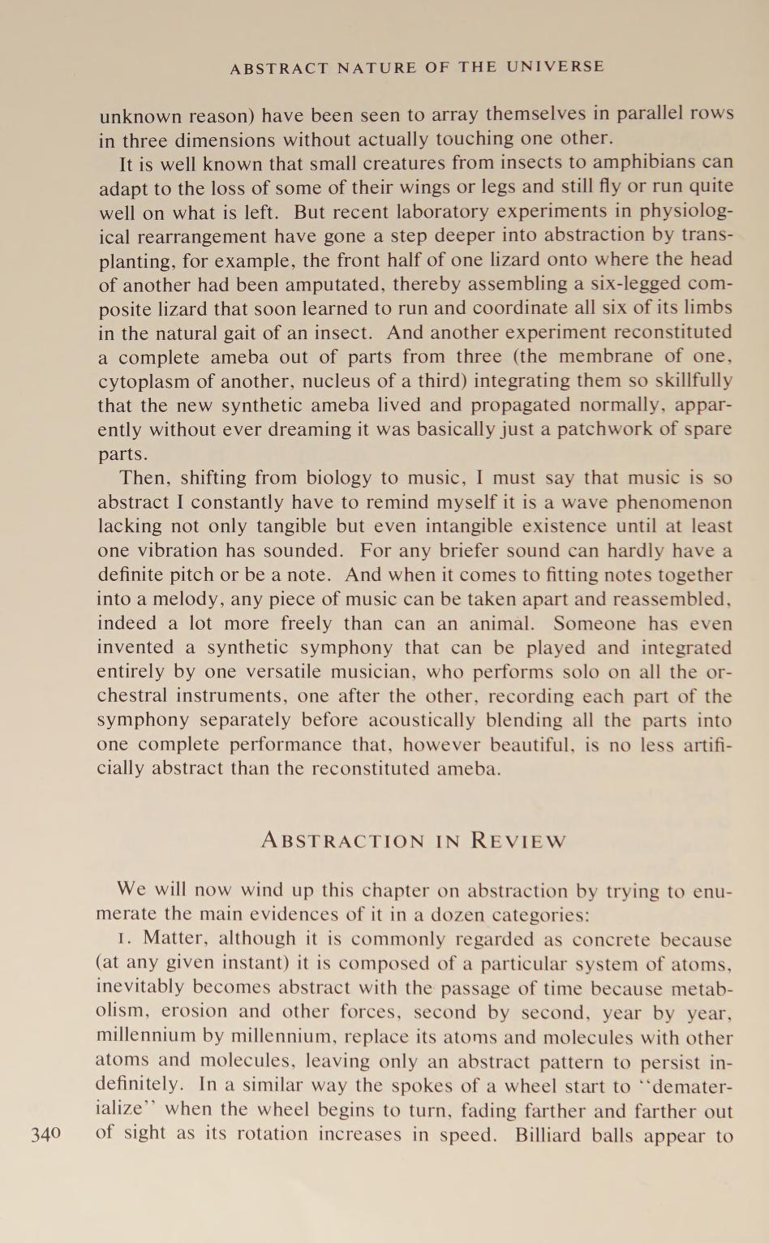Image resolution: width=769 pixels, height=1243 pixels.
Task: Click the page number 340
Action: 45,1133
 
